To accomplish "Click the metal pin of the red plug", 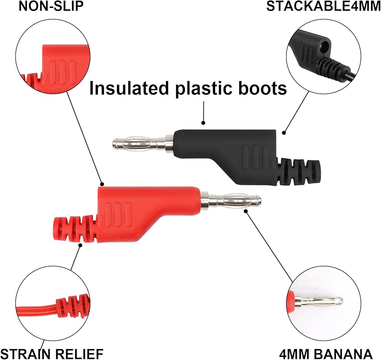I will tap(232, 200).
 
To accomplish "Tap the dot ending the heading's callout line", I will tap(203, 123).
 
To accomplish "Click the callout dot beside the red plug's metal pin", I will tap(245, 210).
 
